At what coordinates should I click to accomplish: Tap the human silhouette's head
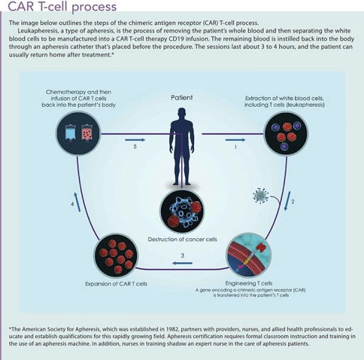[x=182, y=113]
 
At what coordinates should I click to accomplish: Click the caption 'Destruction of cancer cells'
[x=182, y=239]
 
